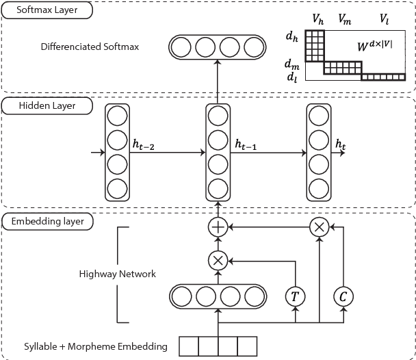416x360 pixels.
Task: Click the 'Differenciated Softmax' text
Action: [x=90, y=48]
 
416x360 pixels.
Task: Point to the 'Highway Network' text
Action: [x=118, y=274]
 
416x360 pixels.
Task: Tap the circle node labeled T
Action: [x=295, y=296]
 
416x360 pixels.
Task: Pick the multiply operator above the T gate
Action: [x=218, y=260]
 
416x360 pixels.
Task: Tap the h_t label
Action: [x=341, y=144]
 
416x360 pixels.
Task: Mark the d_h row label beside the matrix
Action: [x=292, y=34]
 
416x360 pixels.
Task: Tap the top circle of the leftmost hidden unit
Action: [x=117, y=114]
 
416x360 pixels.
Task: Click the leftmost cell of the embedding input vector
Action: [x=187, y=345]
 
